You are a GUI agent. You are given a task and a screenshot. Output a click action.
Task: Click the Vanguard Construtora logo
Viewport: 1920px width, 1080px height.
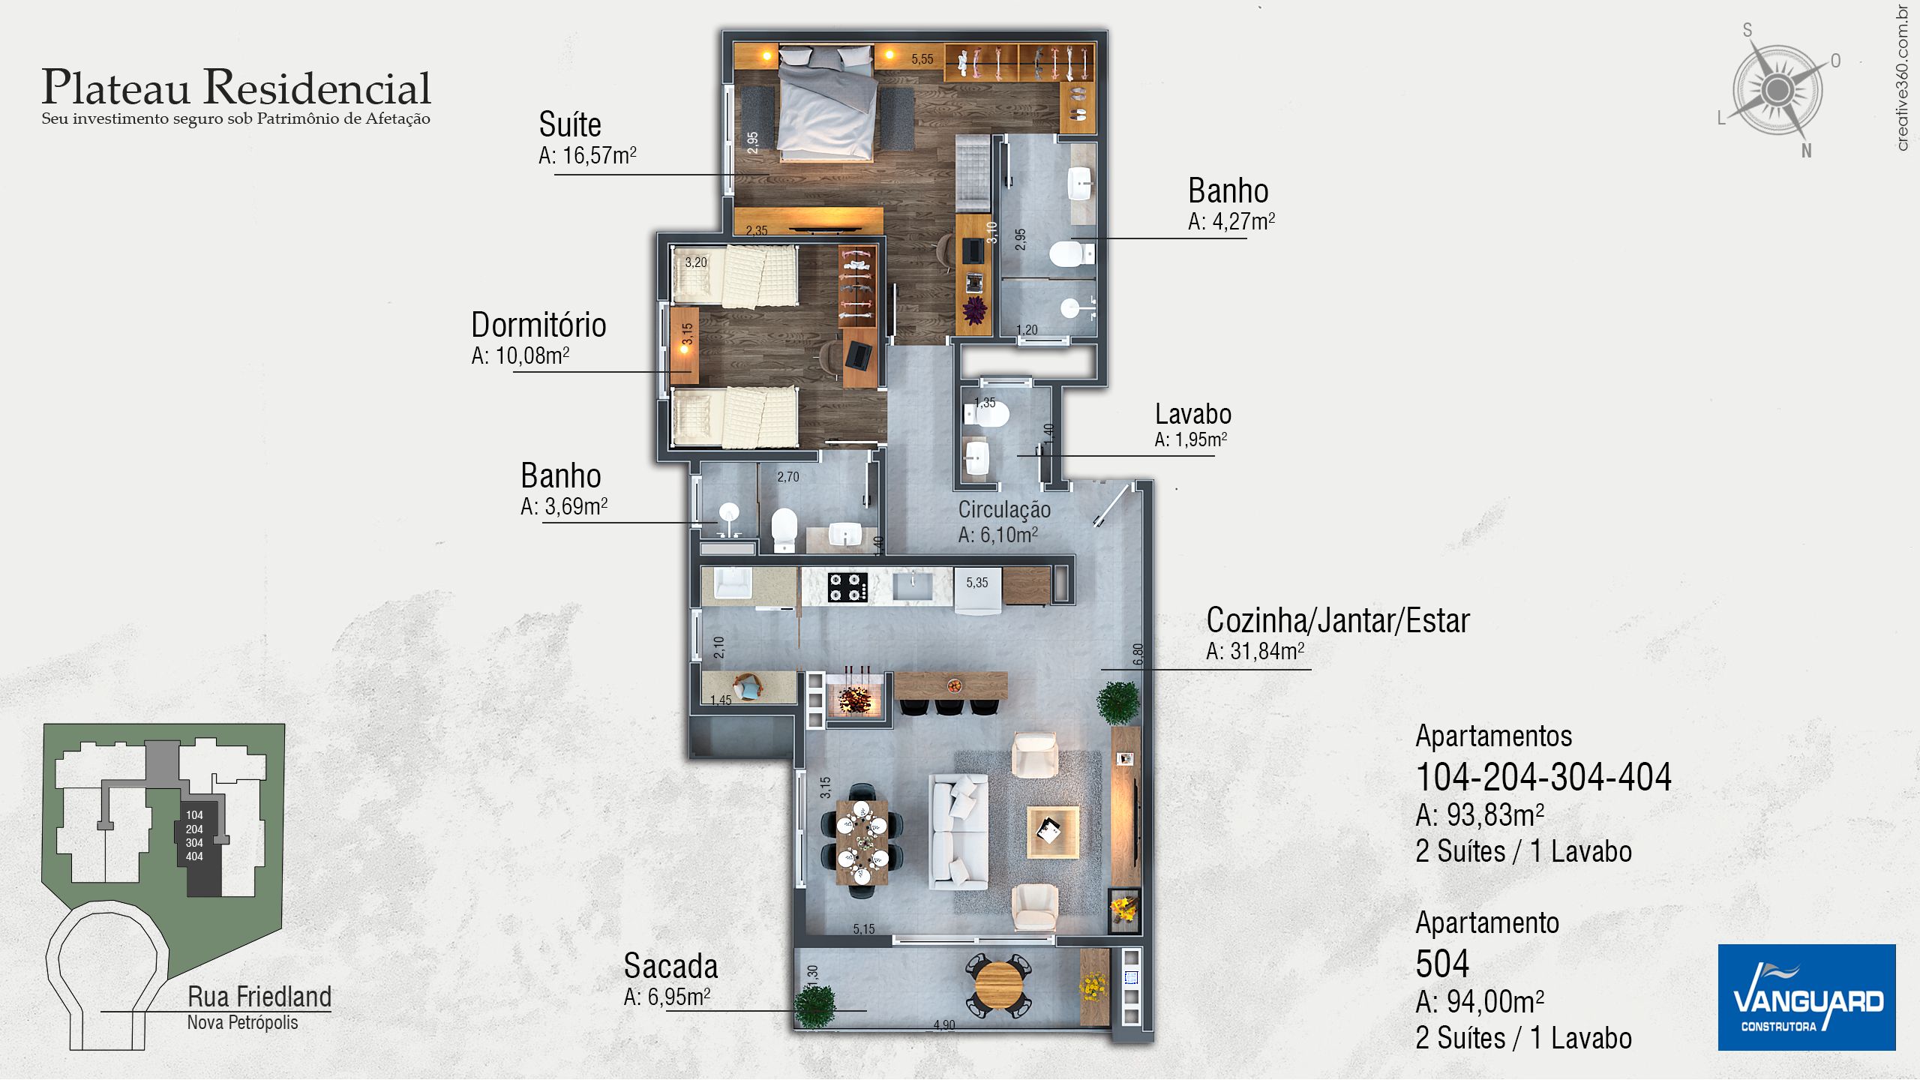[1806, 997]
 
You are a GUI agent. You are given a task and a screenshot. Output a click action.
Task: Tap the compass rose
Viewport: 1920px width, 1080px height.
[1777, 91]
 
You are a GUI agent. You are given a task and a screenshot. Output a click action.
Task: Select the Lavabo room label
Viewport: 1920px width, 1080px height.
[1192, 414]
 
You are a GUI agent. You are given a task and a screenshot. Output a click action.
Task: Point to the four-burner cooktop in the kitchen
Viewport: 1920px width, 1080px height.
[847, 586]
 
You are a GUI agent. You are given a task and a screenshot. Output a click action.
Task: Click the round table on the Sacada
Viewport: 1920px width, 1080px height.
[997, 984]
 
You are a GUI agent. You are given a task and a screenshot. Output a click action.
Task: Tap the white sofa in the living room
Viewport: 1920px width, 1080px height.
[958, 831]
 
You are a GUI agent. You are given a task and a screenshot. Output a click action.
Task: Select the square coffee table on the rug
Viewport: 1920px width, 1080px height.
[1052, 831]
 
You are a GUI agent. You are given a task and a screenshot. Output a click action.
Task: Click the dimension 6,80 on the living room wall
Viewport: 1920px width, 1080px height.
[1138, 654]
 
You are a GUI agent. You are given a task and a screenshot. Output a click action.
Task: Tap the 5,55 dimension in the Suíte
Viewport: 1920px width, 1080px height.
[922, 58]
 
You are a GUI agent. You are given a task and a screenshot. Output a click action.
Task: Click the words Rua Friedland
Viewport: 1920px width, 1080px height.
[259, 997]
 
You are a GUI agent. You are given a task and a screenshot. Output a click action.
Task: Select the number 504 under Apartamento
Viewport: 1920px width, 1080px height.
[1441, 964]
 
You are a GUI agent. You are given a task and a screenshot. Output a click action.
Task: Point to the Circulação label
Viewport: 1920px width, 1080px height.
[1004, 509]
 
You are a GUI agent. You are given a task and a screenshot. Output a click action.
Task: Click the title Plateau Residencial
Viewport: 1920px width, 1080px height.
[236, 87]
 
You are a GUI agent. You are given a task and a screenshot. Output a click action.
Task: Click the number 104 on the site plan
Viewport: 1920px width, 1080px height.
[194, 815]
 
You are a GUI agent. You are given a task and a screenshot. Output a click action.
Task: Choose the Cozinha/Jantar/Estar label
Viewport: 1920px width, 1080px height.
[1338, 620]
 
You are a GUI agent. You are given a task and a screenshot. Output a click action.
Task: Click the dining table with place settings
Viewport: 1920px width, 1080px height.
[862, 841]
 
